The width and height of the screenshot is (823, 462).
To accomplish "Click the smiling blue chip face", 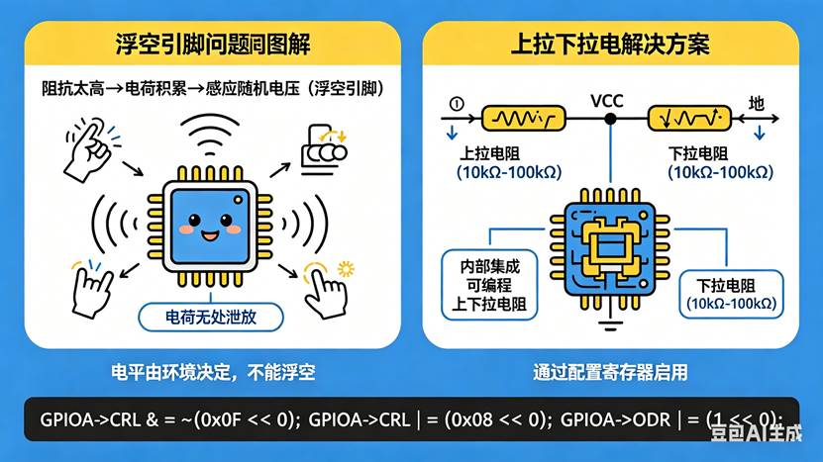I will pos(209,225).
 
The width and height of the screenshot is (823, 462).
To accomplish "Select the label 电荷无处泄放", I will pos(209,318).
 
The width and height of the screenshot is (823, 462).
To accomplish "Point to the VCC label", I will pos(606,102).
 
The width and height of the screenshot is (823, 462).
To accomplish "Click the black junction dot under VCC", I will pos(610,120).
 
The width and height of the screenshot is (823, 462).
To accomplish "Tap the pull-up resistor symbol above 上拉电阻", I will pos(523,120).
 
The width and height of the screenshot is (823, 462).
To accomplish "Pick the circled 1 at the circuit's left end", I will pos(456,102).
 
